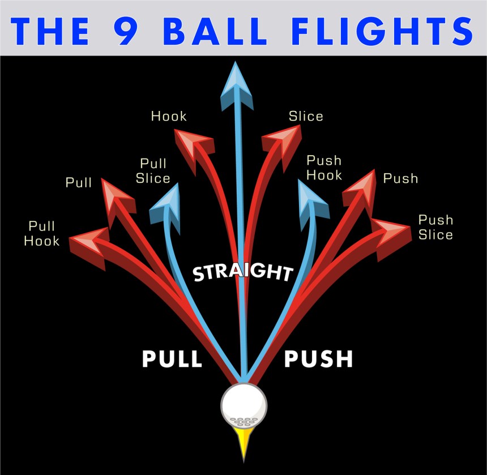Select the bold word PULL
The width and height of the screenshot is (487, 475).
tap(172, 359)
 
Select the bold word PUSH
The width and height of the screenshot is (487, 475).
tap(318, 359)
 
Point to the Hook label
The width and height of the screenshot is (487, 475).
tap(169, 117)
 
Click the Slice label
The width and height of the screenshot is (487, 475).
tap(306, 117)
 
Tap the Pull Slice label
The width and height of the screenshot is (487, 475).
tap(153, 171)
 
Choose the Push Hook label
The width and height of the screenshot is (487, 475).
tap(324, 168)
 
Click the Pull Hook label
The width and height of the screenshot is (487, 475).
tap(41, 234)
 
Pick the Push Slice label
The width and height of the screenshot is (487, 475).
tap(435, 227)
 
